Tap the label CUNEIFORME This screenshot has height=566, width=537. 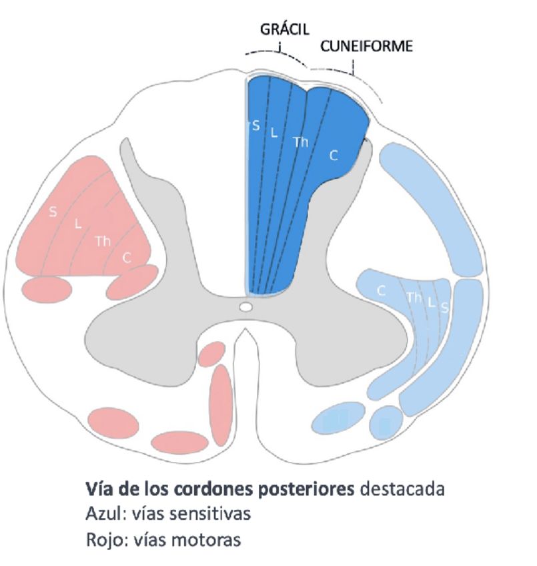click(x=366, y=46)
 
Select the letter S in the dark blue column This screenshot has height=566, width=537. click(x=255, y=125)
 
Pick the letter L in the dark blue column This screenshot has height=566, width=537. click(x=273, y=132)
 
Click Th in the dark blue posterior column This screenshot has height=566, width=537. click(x=301, y=141)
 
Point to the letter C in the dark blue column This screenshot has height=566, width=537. click(x=334, y=156)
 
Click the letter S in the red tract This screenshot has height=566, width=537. click(x=53, y=212)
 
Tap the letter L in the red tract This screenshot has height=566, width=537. click(x=77, y=225)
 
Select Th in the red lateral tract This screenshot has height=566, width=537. click(x=103, y=241)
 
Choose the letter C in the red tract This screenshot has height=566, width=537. click(x=126, y=258)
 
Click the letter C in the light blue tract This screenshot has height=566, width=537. click(x=382, y=291)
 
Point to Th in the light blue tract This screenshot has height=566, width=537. click(x=414, y=298)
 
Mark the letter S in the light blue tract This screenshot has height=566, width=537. click(x=444, y=307)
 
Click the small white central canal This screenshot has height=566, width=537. click(x=246, y=307)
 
